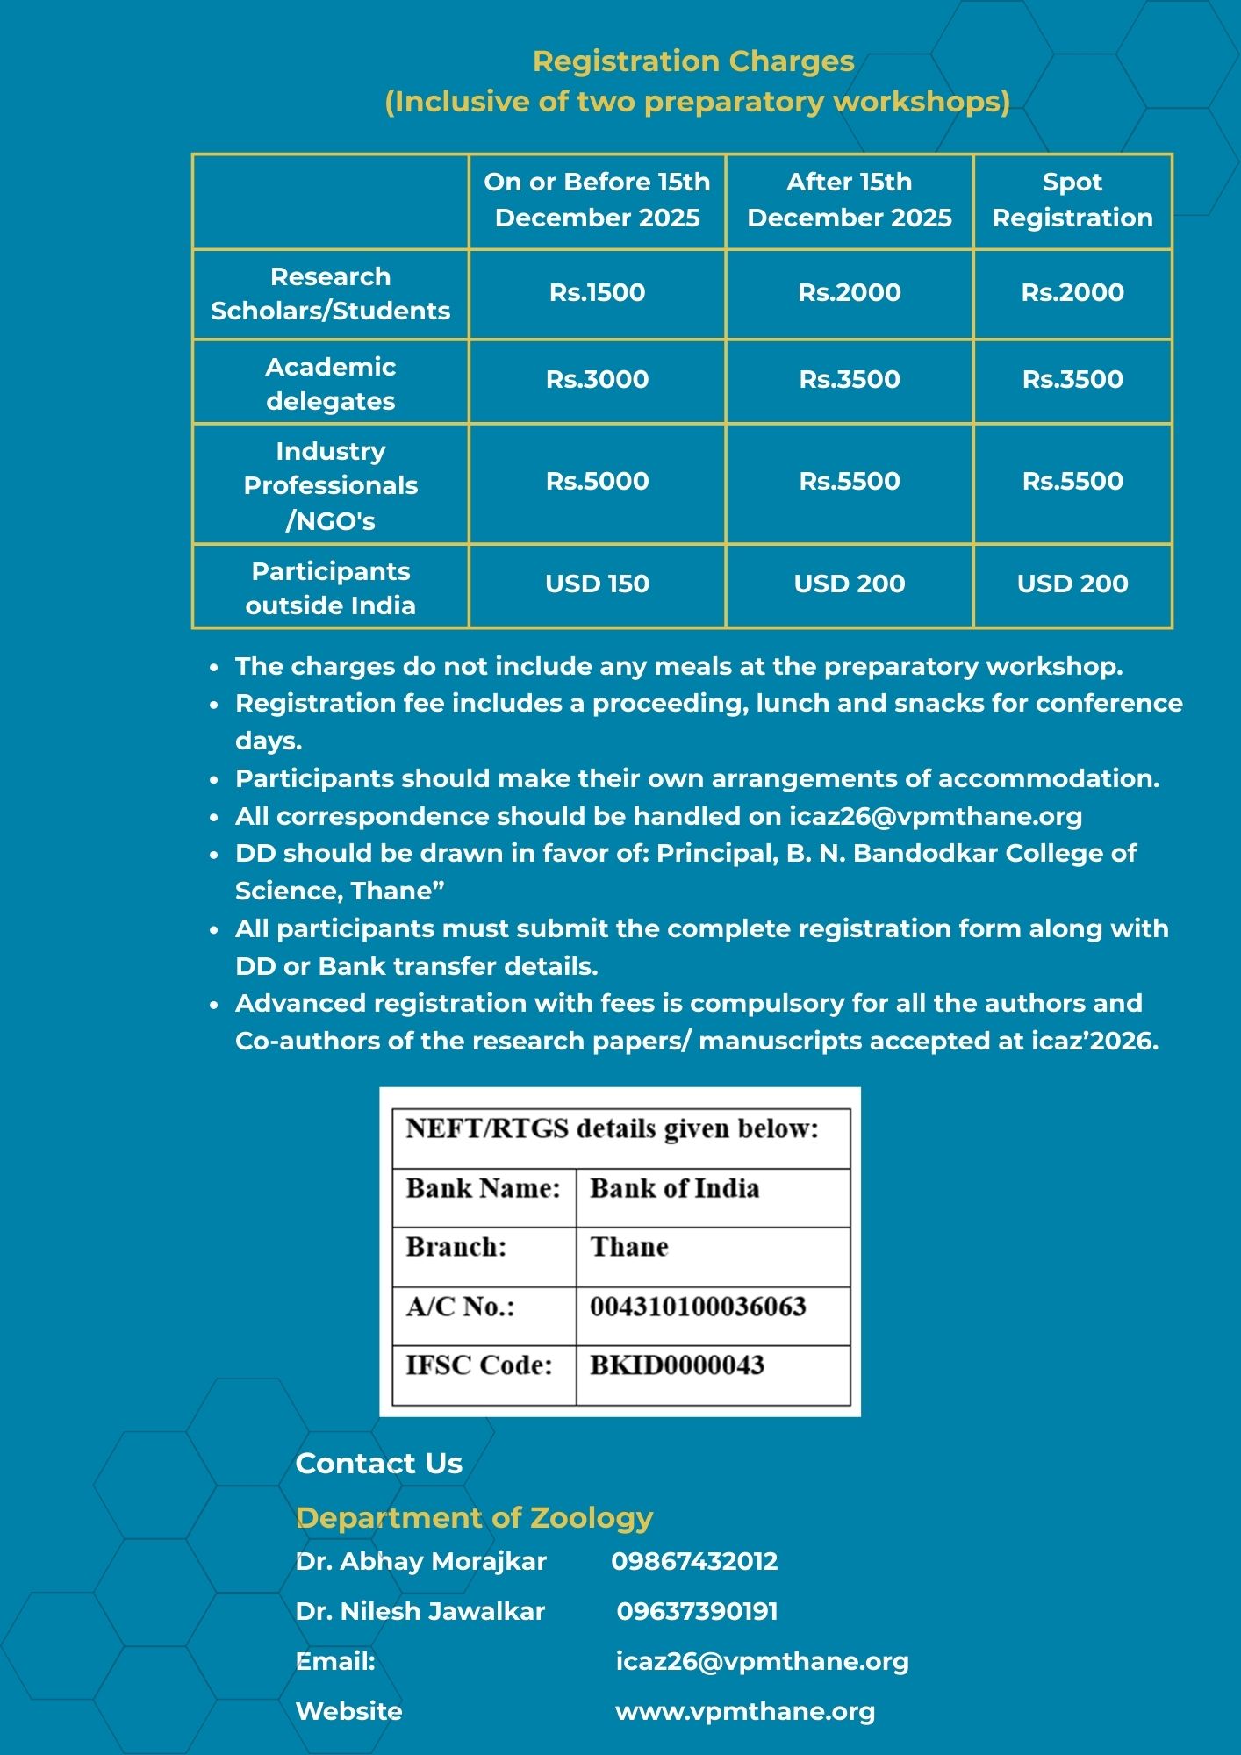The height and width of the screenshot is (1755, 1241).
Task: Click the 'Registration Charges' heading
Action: (x=693, y=61)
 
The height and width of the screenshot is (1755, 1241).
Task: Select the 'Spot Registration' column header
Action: (x=1072, y=200)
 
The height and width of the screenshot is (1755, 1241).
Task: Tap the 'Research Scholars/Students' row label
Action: (x=330, y=293)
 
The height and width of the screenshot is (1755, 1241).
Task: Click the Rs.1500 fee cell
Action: (x=597, y=292)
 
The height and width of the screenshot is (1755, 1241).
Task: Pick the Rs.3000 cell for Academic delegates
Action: (x=597, y=379)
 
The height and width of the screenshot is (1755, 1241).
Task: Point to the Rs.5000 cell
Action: (x=597, y=481)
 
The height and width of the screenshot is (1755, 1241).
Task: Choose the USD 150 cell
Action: (x=597, y=584)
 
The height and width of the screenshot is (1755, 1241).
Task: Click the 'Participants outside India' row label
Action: (x=330, y=588)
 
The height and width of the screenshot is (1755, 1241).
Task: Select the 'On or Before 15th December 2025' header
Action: (x=597, y=200)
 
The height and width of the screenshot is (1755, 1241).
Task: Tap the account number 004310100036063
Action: (x=698, y=1307)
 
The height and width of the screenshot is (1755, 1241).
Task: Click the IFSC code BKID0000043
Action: (x=677, y=1365)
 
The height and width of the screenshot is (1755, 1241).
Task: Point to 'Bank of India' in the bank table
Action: (x=674, y=1188)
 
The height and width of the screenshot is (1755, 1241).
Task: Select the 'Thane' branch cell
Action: (x=628, y=1247)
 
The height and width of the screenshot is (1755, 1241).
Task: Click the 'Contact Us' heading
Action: (x=378, y=1463)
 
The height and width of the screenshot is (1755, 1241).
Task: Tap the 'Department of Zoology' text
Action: (x=474, y=1517)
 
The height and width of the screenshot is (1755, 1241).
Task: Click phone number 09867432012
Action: (x=694, y=1561)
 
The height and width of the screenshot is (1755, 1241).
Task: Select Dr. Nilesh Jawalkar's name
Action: (x=420, y=1611)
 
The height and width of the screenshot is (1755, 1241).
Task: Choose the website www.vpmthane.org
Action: (x=745, y=1711)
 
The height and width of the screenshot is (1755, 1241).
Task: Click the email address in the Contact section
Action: (x=762, y=1661)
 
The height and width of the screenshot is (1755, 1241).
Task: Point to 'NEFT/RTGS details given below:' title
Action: (x=612, y=1128)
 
